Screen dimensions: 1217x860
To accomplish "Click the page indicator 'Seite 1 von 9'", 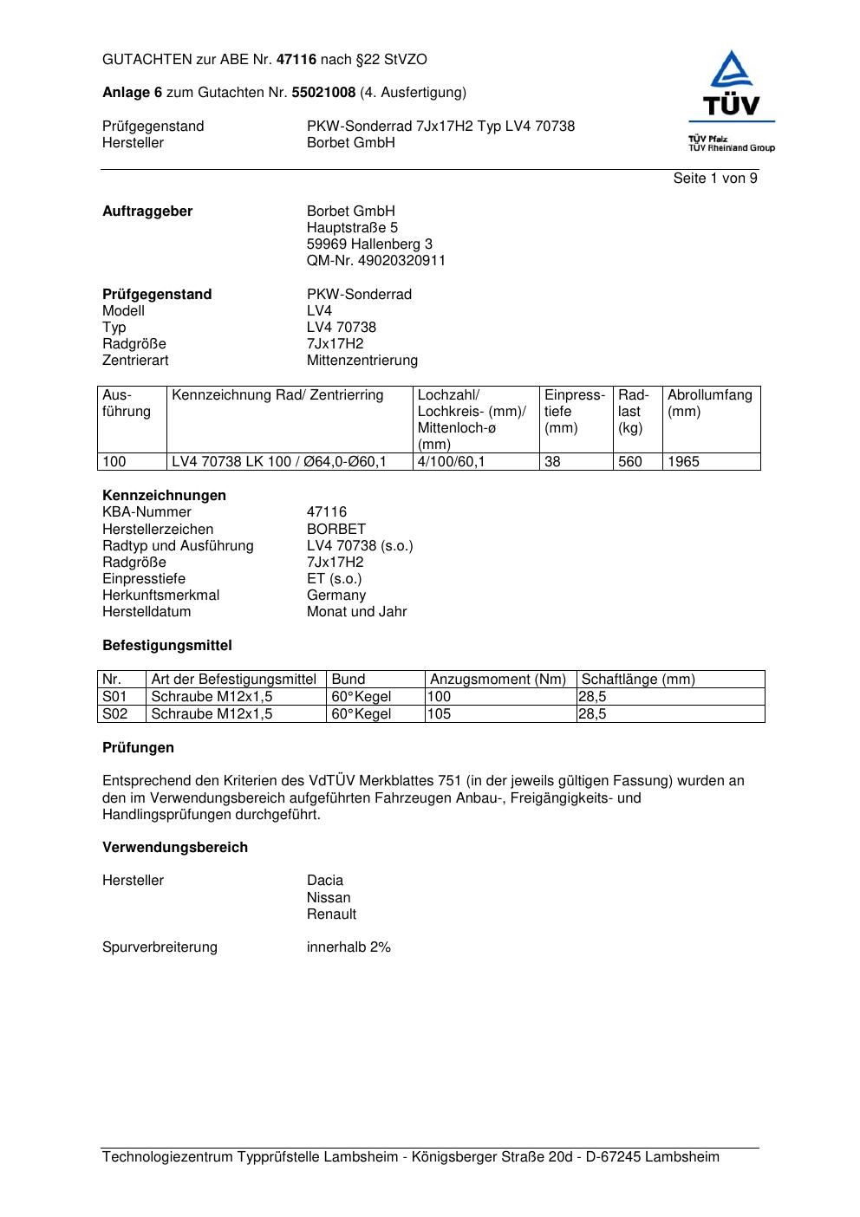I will (x=714, y=179).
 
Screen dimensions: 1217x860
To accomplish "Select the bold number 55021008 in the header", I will (x=323, y=93).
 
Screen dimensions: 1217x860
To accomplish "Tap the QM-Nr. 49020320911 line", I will (x=375, y=261).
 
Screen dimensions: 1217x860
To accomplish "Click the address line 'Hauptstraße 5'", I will (x=352, y=228).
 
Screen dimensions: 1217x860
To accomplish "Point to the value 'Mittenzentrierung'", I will (x=362, y=361).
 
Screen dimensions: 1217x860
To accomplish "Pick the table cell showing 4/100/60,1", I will (x=451, y=462).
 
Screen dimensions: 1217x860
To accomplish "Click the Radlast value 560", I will (x=629, y=462).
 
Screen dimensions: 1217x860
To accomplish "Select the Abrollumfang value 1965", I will (x=683, y=462).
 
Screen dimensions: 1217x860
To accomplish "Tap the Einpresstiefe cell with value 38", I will (x=553, y=462).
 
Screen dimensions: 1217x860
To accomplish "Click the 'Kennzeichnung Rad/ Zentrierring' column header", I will (x=277, y=396).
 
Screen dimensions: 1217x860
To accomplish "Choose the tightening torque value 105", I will (x=440, y=714).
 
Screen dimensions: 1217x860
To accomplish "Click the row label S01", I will (x=114, y=697).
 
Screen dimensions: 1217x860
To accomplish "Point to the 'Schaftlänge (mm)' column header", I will (x=638, y=680).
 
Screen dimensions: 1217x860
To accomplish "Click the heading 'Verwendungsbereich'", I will (x=175, y=848).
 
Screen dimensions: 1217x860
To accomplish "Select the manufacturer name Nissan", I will (x=329, y=898).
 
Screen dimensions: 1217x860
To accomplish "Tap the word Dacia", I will (x=325, y=881).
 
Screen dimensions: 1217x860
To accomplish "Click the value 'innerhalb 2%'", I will (x=349, y=947).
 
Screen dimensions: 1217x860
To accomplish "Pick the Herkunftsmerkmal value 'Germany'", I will (x=336, y=595).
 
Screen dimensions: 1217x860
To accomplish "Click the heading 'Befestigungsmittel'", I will (x=167, y=646).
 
